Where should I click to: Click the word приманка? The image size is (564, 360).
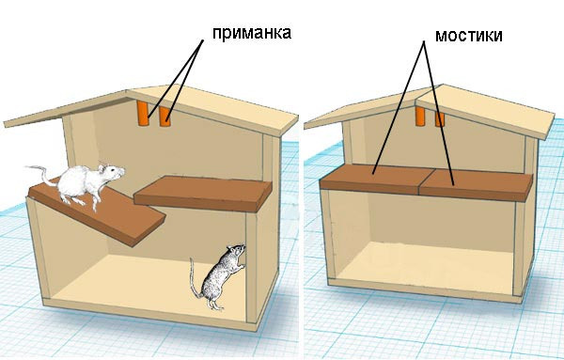(251, 34)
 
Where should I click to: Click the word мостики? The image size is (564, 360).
(469, 36)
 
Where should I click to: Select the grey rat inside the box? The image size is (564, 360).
(218, 277)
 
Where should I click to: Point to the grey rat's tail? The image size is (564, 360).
(195, 279)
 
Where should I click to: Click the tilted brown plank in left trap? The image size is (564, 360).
(97, 212)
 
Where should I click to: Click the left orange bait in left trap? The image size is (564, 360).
(143, 113)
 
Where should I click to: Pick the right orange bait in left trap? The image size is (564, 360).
(164, 117)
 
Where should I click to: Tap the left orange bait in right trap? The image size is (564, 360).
(420, 116)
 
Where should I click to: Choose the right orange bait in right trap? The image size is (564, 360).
(440, 119)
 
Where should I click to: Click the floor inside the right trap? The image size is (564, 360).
(425, 266)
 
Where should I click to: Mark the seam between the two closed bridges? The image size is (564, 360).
(427, 181)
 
